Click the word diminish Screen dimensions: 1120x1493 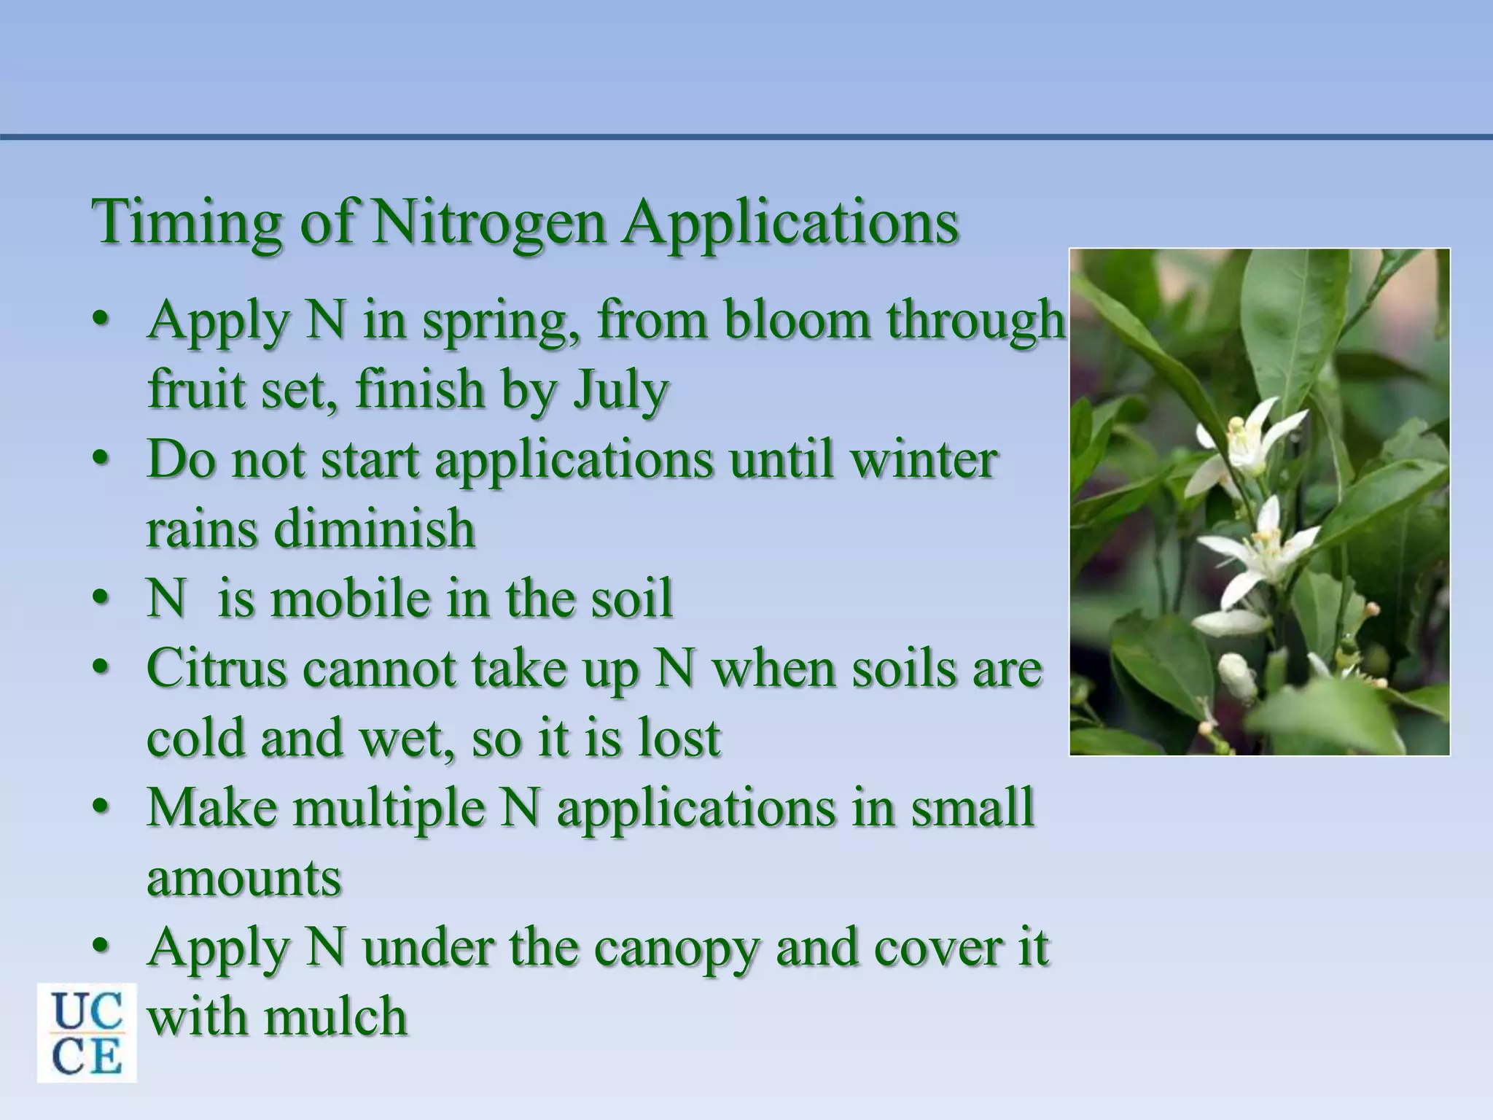374,529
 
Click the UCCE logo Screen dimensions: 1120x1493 87,1032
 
